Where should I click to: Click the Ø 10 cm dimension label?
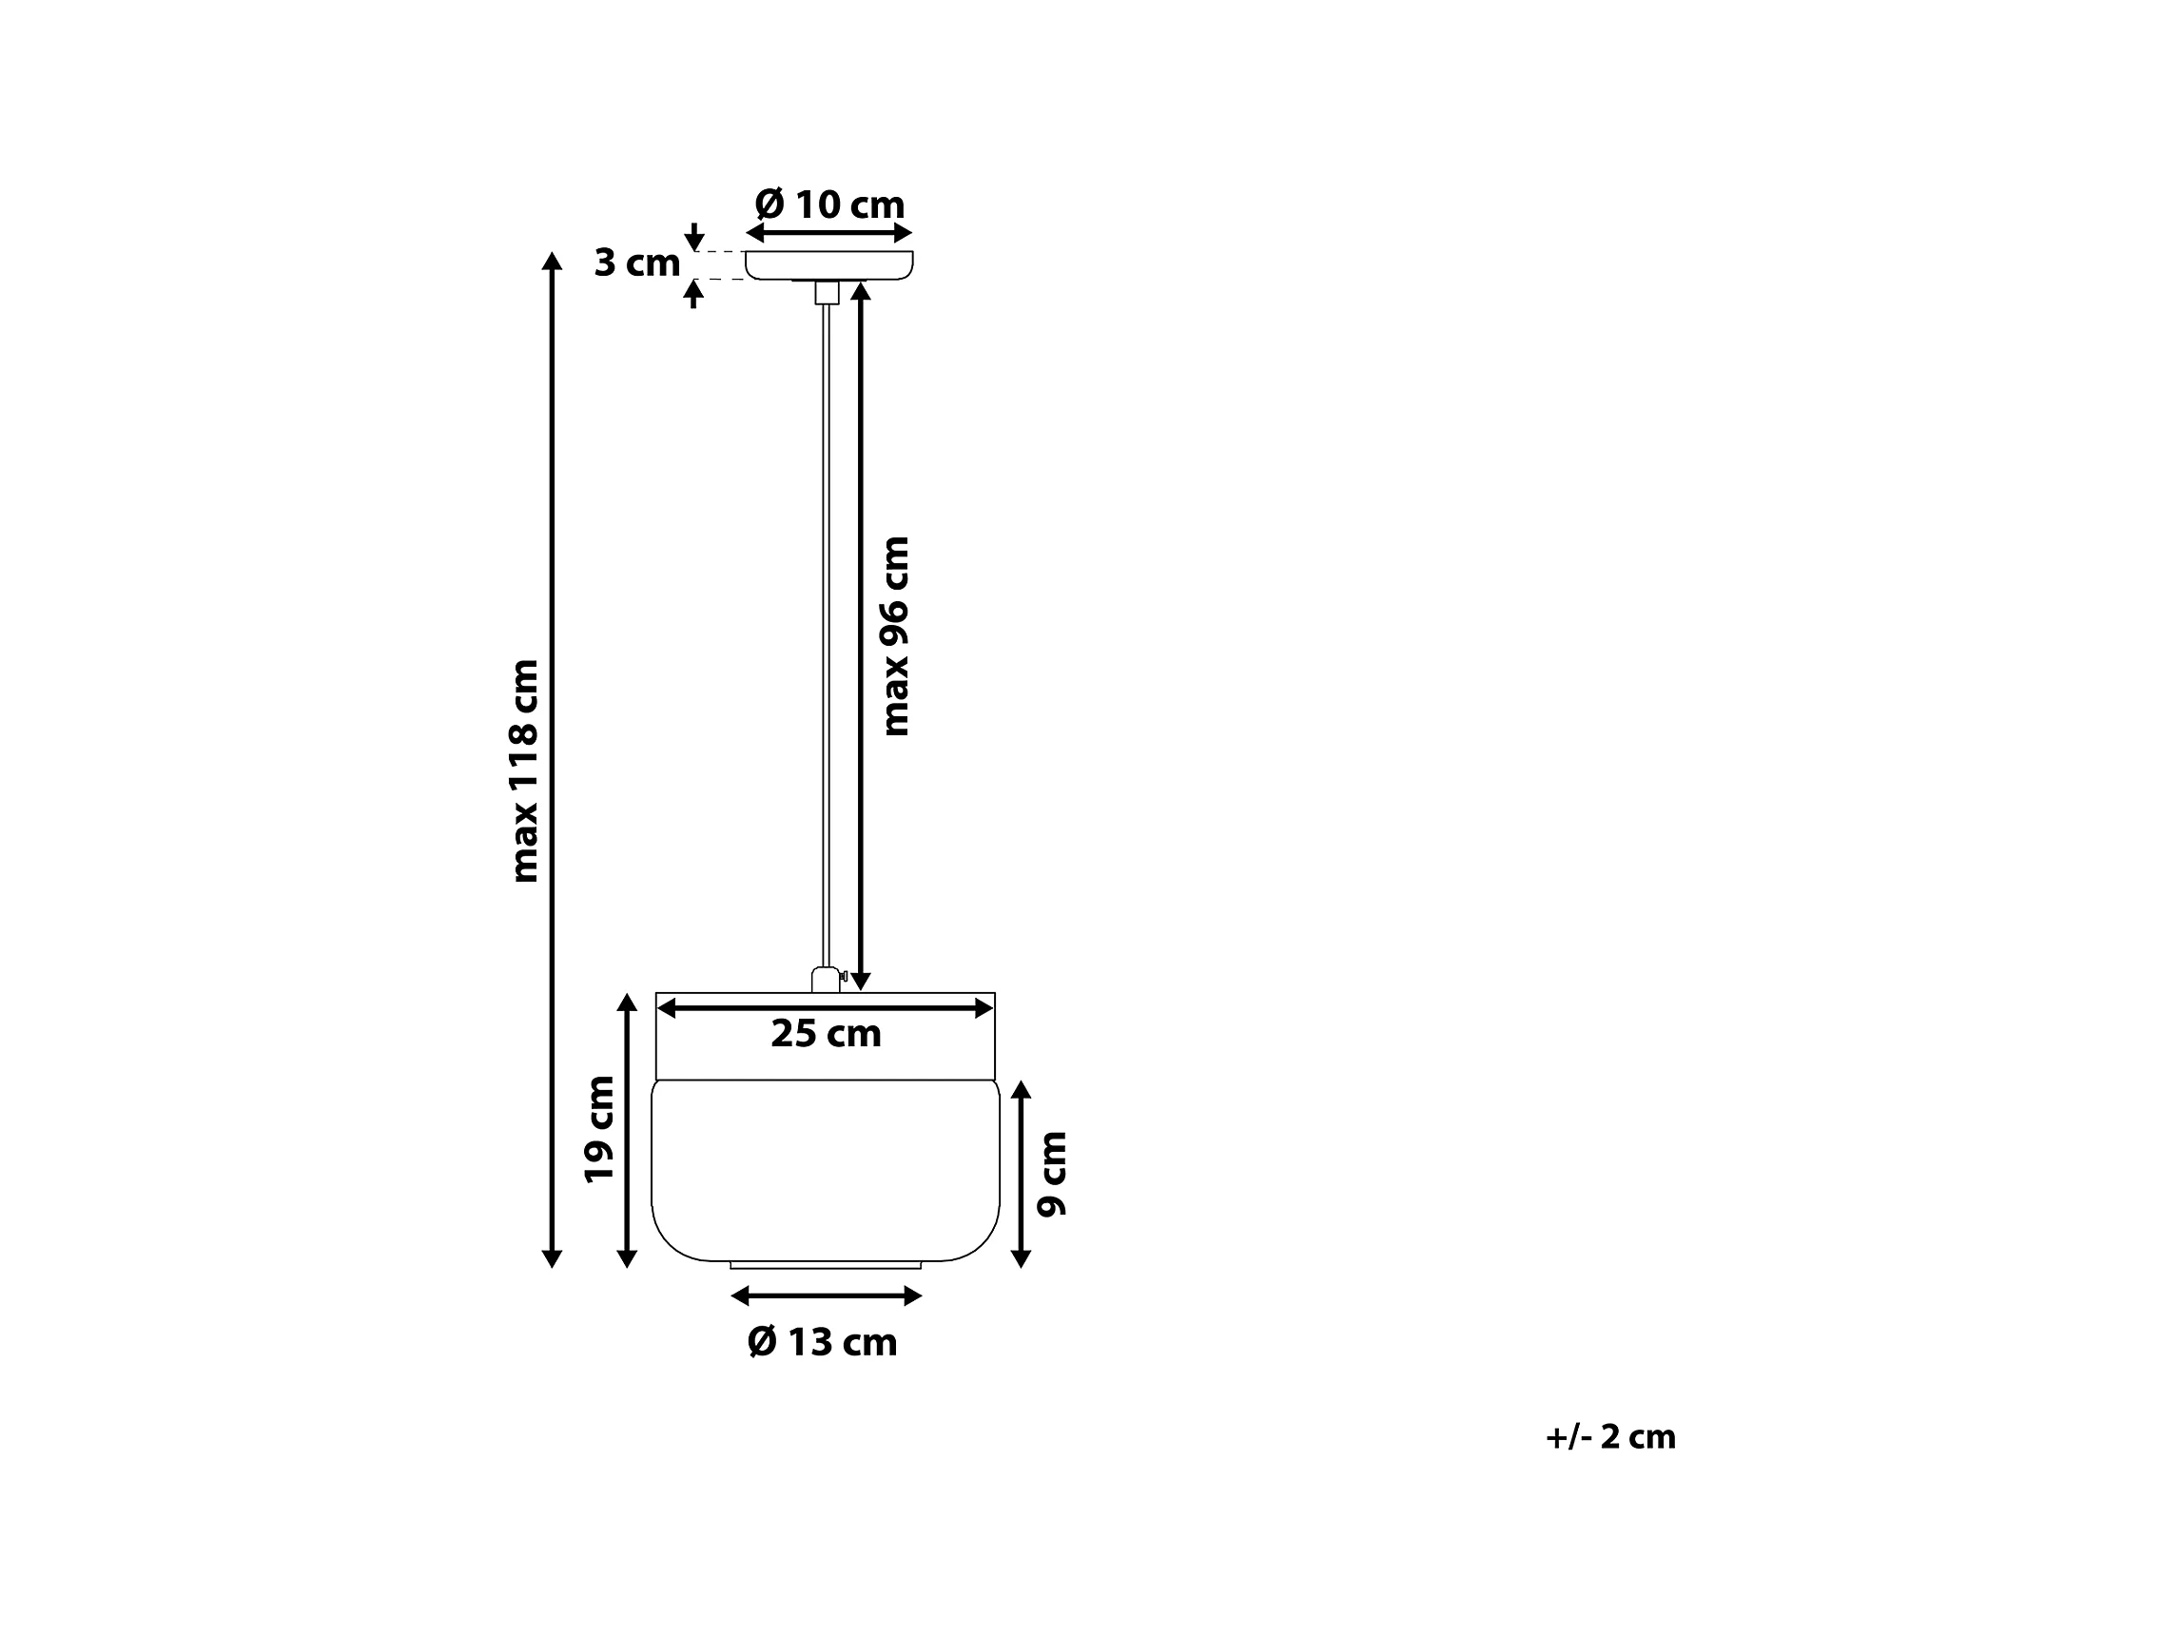coord(828,205)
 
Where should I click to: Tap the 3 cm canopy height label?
coord(636,263)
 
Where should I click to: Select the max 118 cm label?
coord(524,771)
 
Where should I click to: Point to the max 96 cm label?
coord(895,636)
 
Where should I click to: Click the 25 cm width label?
coord(826,1034)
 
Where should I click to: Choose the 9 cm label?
coord(1053,1174)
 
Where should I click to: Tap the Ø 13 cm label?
coord(822,1342)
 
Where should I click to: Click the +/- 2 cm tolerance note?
coord(1609,1437)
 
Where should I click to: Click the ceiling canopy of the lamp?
coord(828,264)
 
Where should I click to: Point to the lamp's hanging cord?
coord(827,632)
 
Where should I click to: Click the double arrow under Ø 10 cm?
coord(828,233)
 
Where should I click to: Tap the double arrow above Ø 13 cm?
coord(826,1295)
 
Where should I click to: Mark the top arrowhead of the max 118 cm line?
coord(553,261)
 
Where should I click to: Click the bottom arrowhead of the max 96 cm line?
coord(860,982)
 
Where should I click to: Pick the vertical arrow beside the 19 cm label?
coord(627,1130)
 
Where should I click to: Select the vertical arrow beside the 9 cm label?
coord(1021,1174)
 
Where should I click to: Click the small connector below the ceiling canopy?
coord(827,292)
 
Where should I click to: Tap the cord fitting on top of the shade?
coord(825,980)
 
